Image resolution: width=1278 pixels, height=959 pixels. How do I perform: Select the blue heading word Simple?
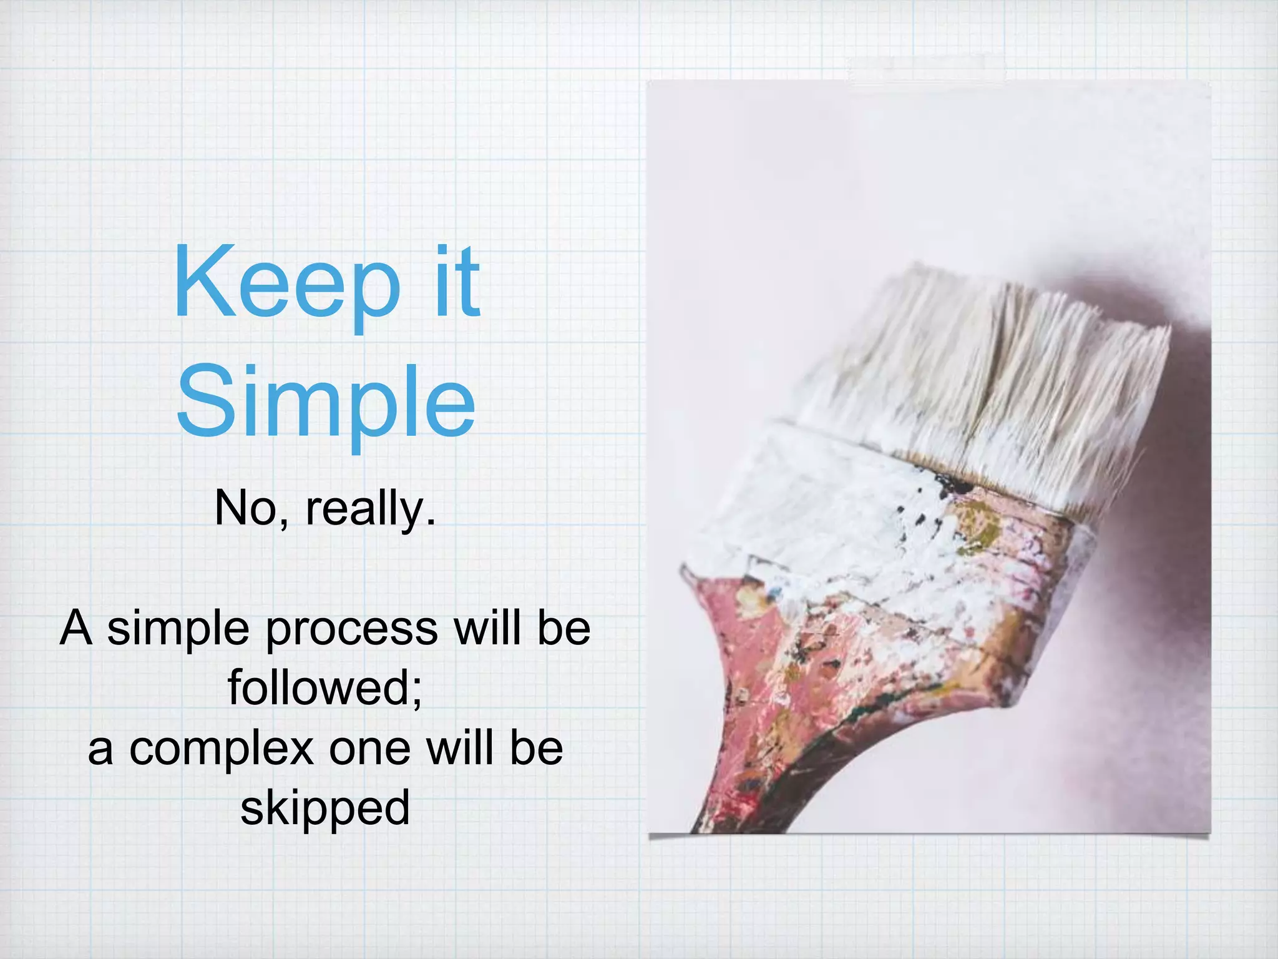[326, 400]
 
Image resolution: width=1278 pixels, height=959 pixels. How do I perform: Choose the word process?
[352, 629]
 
